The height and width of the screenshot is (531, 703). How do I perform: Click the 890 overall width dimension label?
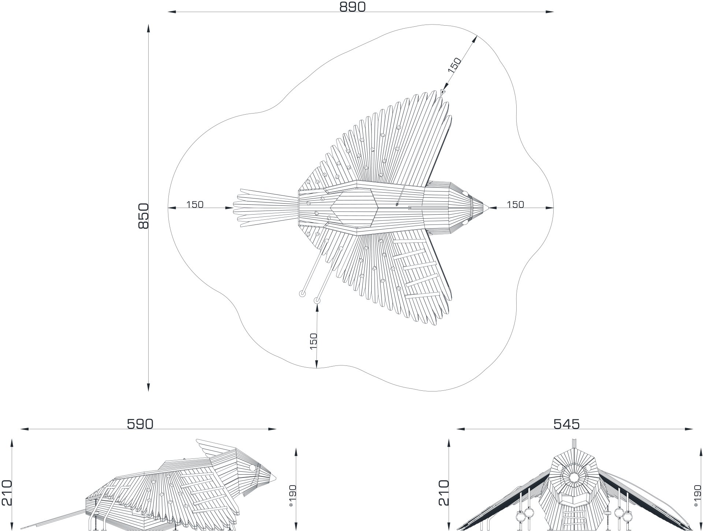tap(352, 7)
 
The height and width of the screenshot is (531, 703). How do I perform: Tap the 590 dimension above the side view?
tap(140, 424)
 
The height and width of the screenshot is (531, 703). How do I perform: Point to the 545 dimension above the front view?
tap(566, 424)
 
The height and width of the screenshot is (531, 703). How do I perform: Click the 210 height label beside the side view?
tap(7, 493)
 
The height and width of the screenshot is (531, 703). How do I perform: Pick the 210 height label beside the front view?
tap(443, 493)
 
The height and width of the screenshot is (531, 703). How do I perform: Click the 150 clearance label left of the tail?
tap(195, 204)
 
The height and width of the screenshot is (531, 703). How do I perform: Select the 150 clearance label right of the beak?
tap(516, 204)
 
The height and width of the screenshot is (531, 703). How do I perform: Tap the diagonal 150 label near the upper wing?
tap(454, 66)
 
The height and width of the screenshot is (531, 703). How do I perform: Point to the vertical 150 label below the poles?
tap(313, 341)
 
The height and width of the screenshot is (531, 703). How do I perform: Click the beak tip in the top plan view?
tap(489, 208)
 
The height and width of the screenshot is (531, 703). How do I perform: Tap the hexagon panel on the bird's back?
tap(354, 208)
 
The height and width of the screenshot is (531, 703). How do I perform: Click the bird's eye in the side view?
tap(252, 468)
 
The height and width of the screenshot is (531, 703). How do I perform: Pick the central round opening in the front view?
tap(574, 477)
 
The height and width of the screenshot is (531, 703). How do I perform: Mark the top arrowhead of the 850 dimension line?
tap(148, 29)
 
